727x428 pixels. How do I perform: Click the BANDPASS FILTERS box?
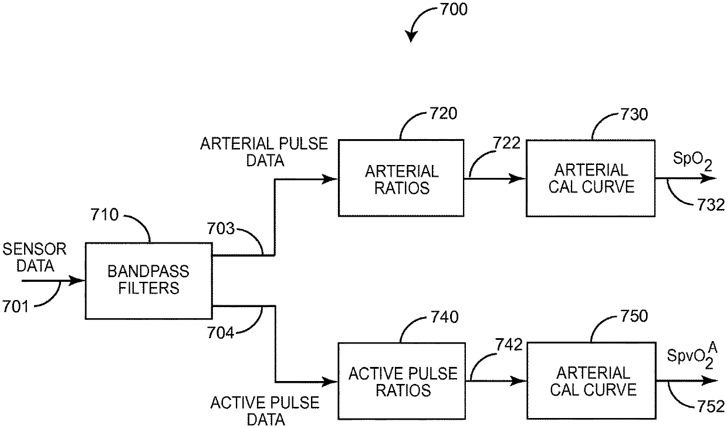(x=148, y=281)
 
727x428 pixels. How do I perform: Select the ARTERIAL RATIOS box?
(x=401, y=179)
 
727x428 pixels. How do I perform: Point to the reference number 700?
(x=452, y=11)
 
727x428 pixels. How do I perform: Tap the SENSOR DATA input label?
(x=35, y=257)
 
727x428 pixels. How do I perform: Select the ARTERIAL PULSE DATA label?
(x=264, y=151)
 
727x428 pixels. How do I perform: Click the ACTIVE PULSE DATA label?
(x=265, y=411)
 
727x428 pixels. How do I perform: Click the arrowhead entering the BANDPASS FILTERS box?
(x=79, y=281)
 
